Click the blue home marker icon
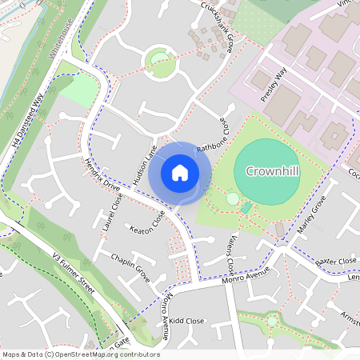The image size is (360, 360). pyautogui.click(x=180, y=172)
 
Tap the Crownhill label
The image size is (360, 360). pyautogui.click(x=272, y=171)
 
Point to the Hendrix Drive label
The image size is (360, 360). pyautogui.click(x=101, y=176)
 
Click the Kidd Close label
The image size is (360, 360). pyautogui.click(x=187, y=321)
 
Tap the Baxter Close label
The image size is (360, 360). pyautogui.click(x=335, y=262)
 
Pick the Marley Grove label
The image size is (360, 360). pyautogui.click(x=307, y=216)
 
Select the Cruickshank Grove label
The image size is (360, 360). pyautogui.click(x=220, y=26)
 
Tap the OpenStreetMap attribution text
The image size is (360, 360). pyautogui.click(x=81, y=354)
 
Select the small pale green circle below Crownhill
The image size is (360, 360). pyautogui.click(x=232, y=198)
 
